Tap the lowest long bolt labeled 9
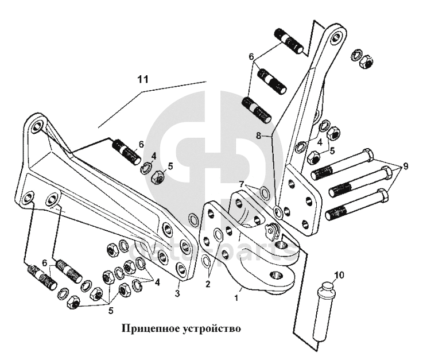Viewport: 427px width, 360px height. [x=356, y=208]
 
